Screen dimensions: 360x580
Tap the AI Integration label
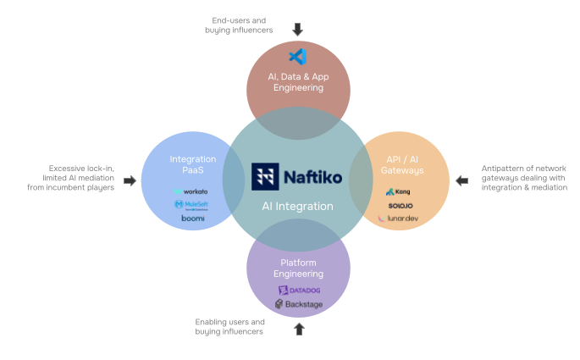[x=297, y=206]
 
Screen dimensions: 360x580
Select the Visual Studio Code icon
[x=297, y=57]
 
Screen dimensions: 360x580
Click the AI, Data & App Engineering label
[x=297, y=81]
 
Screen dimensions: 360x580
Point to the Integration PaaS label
[x=192, y=164]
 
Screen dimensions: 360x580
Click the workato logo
[x=191, y=191]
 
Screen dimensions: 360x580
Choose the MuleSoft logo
[x=191, y=204]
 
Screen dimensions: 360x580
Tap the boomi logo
[x=192, y=218]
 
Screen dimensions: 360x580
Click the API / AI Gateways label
[x=403, y=164]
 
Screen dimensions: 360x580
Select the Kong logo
[x=398, y=191]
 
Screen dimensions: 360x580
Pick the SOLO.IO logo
[x=400, y=205]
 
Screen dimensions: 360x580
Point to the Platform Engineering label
[x=297, y=269]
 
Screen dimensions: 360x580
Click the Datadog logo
[x=299, y=291]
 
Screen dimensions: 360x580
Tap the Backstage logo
[x=299, y=304]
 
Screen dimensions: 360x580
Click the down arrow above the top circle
[x=297, y=30]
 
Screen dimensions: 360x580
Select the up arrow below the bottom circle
[x=299, y=329]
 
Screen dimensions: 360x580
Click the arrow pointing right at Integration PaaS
[x=130, y=180]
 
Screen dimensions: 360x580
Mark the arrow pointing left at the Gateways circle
[x=462, y=180]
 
